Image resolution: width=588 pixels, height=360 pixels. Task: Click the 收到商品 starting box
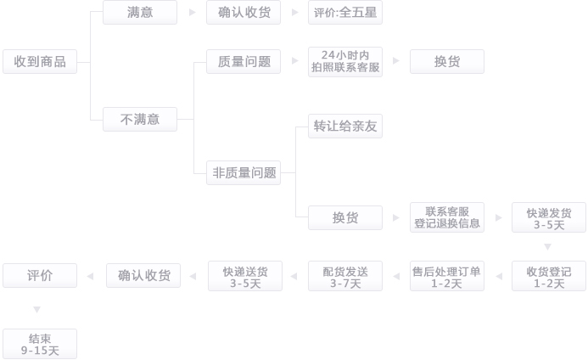click(40, 61)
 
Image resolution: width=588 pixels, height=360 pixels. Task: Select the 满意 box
click(140, 12)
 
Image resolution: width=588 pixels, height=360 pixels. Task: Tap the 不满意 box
click(140, 119)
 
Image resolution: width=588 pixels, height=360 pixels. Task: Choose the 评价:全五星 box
click(345, 12)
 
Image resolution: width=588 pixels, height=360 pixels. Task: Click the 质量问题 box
click(244, 61)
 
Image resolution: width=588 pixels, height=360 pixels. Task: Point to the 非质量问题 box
click(244, 172)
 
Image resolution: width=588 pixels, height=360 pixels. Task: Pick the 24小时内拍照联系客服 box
click(345, 61)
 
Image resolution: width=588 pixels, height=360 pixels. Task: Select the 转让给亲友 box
click(345, 126)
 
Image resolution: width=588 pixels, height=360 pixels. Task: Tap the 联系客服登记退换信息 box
click(447, 217)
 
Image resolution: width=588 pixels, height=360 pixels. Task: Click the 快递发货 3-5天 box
click(549, 217)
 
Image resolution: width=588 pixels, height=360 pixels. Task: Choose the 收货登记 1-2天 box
click(549, 276)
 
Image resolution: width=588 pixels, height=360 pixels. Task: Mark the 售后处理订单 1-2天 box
click(447, 276)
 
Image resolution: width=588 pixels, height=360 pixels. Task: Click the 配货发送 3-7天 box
click(345, 276)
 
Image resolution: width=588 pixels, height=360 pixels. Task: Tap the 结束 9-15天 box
click(40, 343)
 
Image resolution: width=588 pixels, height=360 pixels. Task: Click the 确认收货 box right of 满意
click(244, 12)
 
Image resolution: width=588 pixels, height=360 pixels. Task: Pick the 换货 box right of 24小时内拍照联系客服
click(447, 61)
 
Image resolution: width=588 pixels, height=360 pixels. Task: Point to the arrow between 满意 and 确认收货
click(192, 13)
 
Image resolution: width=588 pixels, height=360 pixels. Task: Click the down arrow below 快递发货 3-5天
click(548, 246)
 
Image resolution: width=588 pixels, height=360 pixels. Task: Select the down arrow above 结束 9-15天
click(36, 310)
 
